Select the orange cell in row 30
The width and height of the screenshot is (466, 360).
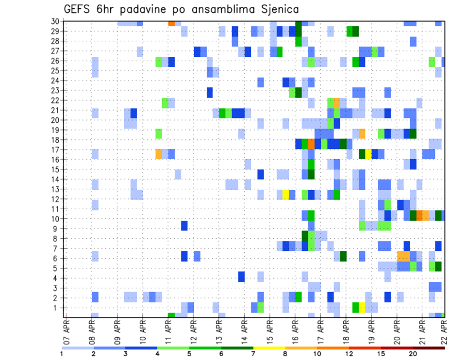coord(171,23)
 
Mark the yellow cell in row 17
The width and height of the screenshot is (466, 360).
coord(368,154)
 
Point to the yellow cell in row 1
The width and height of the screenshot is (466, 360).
coord(362,308)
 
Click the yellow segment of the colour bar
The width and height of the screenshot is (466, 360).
coord(269,348)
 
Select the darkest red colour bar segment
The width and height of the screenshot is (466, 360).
coord(429,348)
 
